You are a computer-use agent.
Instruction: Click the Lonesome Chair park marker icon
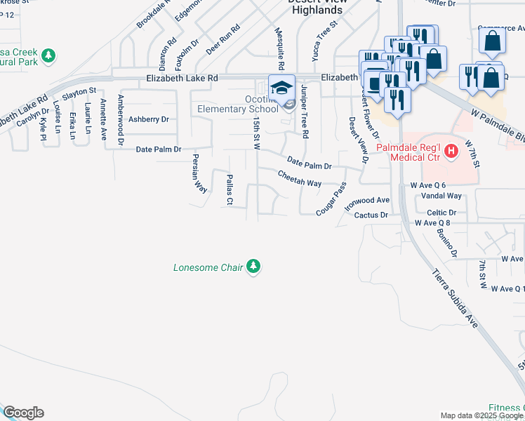point(253,267)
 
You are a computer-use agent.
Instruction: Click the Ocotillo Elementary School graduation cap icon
point(281,88)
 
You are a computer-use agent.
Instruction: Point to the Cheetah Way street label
point(299,178)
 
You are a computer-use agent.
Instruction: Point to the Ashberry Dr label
point(149,119)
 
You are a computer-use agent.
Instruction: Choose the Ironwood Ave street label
point(366,200)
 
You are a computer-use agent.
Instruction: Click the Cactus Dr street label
point(371,215)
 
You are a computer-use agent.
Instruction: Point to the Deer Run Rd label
point(223,40)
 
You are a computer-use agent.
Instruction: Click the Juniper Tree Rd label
point(305,111)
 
